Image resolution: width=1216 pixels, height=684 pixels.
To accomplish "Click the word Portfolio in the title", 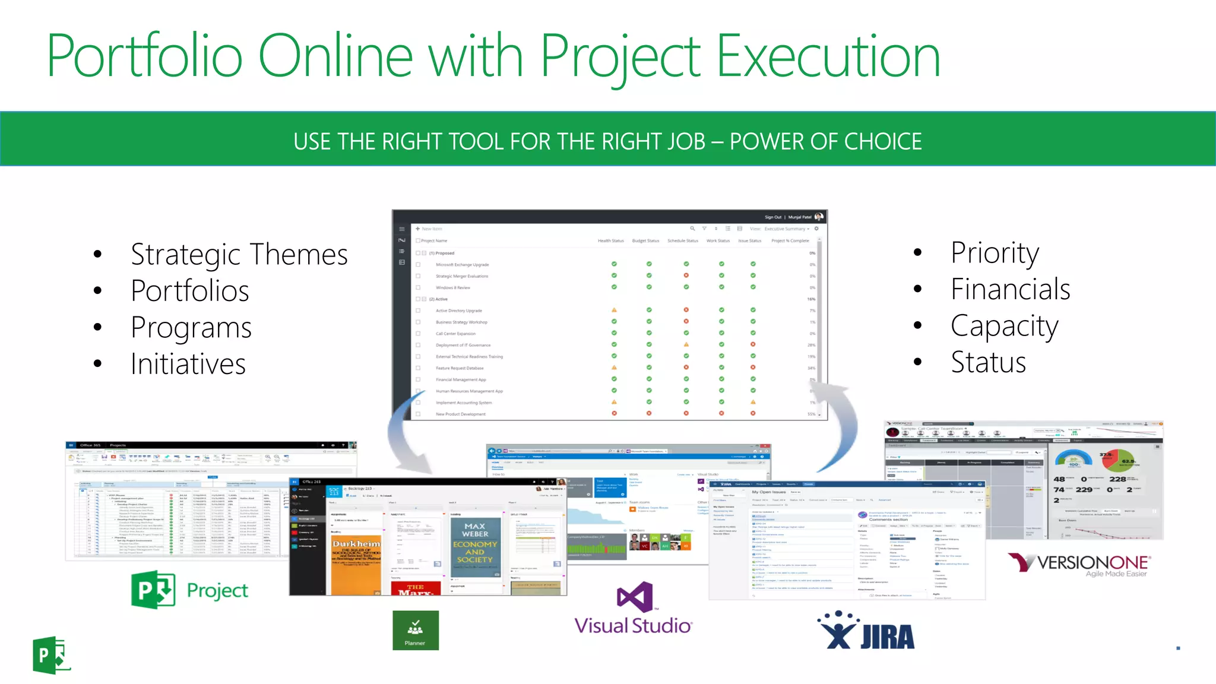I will tap(144, 56).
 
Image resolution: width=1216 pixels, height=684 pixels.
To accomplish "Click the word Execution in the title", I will tap(828, 56).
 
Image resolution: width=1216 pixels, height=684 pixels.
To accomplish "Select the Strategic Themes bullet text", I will tap(239, 254).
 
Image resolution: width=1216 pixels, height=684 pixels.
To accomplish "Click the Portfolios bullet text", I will tap(189, 291).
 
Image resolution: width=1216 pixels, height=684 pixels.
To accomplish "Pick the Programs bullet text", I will tap(191, 328).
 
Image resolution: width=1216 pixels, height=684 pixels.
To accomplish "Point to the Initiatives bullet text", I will tap(188, 364).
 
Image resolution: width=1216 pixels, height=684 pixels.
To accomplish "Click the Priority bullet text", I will tap(995, 253).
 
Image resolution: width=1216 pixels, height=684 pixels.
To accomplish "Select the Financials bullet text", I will tap(1010, 289).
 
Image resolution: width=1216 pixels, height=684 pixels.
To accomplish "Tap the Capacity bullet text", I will tap(1004, 326).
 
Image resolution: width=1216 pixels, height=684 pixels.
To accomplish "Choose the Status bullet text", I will tap(988, 362).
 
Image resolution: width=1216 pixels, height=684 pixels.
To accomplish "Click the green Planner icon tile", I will tap(415, 631).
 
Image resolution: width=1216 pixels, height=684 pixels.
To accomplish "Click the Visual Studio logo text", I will tap(633, 625).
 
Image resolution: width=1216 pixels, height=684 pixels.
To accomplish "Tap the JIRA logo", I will tap(867, 631).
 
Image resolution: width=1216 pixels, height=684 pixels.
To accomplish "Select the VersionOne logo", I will tap(1079, 564).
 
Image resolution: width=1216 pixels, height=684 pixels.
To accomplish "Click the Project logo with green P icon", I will tap(189, 590).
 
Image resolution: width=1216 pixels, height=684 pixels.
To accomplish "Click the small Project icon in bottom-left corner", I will tap(50, 655).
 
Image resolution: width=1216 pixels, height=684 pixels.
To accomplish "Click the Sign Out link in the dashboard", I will tap(772, 217).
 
